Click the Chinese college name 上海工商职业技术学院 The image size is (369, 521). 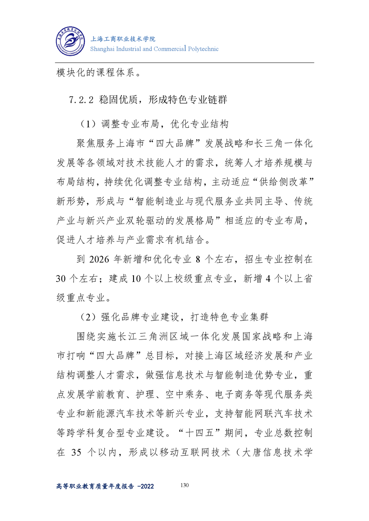122,39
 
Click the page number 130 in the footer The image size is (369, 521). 184,485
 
